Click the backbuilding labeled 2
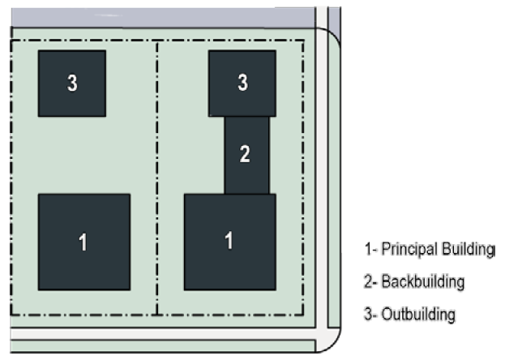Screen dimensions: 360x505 246,154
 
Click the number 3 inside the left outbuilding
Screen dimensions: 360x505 72,83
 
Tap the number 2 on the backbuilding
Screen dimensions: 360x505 246,155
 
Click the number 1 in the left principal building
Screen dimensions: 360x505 82,241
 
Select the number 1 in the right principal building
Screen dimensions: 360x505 229,241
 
